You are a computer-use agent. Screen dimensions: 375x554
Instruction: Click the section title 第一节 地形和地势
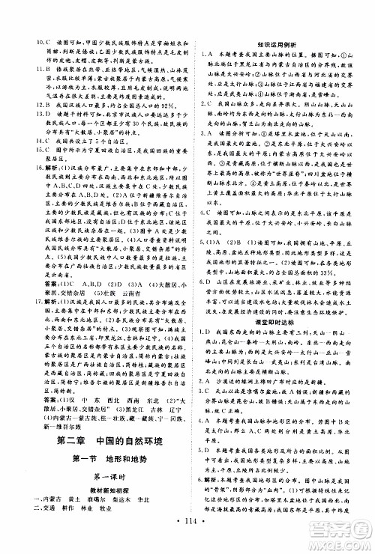(104, 457)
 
